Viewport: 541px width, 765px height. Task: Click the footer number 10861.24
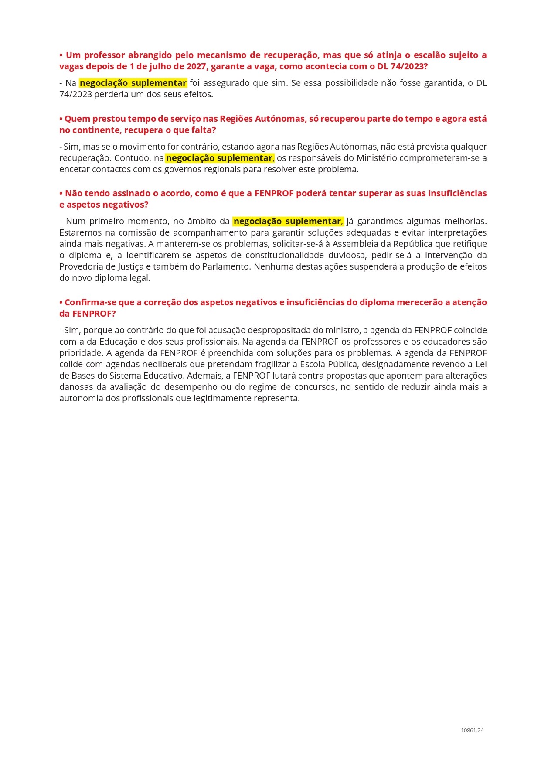[x=472, y=730]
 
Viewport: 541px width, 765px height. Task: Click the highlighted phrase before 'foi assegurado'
[x=133, y=83]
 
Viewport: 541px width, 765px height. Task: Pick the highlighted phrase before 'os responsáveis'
[x=219, y=158]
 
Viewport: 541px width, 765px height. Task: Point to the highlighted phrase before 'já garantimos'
[x=287, y=221]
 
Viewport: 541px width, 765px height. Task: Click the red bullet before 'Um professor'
[x=61, y=55]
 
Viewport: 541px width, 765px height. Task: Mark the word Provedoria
[x=80, y=266]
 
